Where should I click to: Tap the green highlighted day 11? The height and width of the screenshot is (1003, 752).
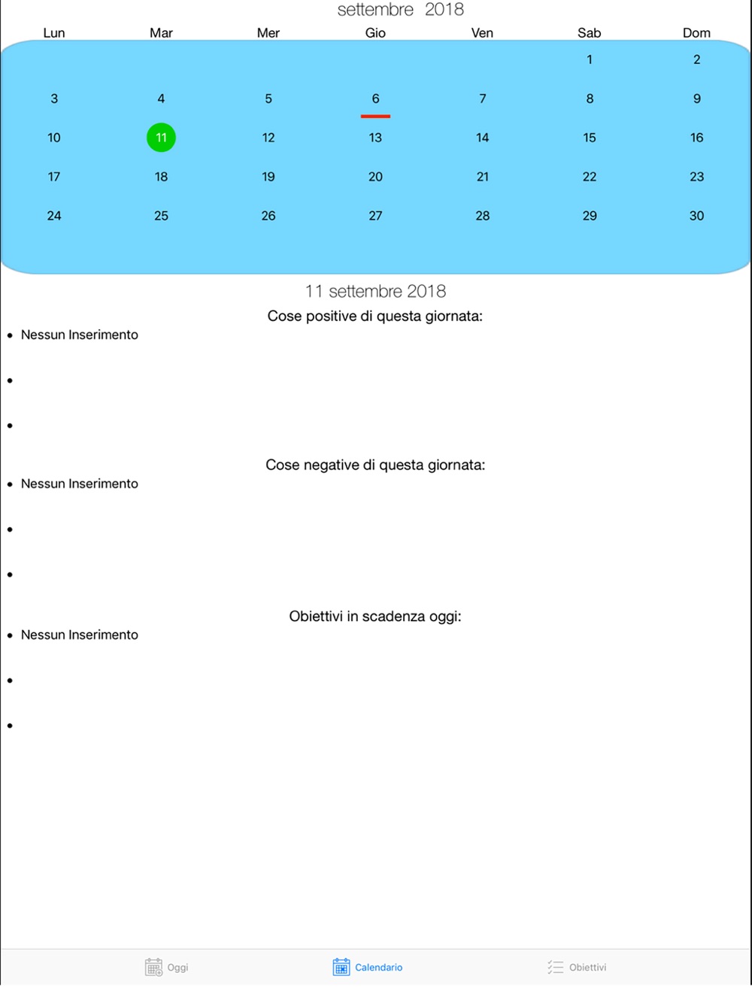[161, 138]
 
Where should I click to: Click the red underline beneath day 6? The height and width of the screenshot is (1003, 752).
[375, 117]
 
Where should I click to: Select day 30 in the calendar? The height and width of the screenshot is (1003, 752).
[696, 216]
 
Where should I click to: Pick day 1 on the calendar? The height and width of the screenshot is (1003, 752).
[590, 59]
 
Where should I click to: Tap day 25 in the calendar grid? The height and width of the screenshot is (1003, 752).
[161, 216]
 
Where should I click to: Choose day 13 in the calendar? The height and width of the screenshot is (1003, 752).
[375, 138]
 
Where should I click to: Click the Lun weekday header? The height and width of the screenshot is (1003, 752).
[54, 33]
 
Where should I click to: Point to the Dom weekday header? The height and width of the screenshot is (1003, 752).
[696, 33]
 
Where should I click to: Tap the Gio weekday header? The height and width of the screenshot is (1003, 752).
[375, 33]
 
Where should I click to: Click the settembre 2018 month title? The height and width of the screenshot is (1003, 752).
[400, 10]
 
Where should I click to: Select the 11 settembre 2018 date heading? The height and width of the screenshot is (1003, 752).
[375, 291]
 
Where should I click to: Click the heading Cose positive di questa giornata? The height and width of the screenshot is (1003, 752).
[374, 317]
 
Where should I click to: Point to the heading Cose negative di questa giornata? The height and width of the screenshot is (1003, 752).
[374, 465]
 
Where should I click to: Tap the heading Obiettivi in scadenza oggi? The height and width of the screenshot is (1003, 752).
[374, 617]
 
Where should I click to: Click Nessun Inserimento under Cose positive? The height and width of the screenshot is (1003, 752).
[80, 335]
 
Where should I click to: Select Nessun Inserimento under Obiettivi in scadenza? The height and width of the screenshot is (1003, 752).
[80, 635]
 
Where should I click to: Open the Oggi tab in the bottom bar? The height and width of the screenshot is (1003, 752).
[167, 967]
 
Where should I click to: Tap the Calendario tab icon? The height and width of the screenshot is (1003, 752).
[341, 967]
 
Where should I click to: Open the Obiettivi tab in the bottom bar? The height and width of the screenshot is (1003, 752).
[577, 967]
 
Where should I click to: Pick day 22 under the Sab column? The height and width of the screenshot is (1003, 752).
[590, 177]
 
